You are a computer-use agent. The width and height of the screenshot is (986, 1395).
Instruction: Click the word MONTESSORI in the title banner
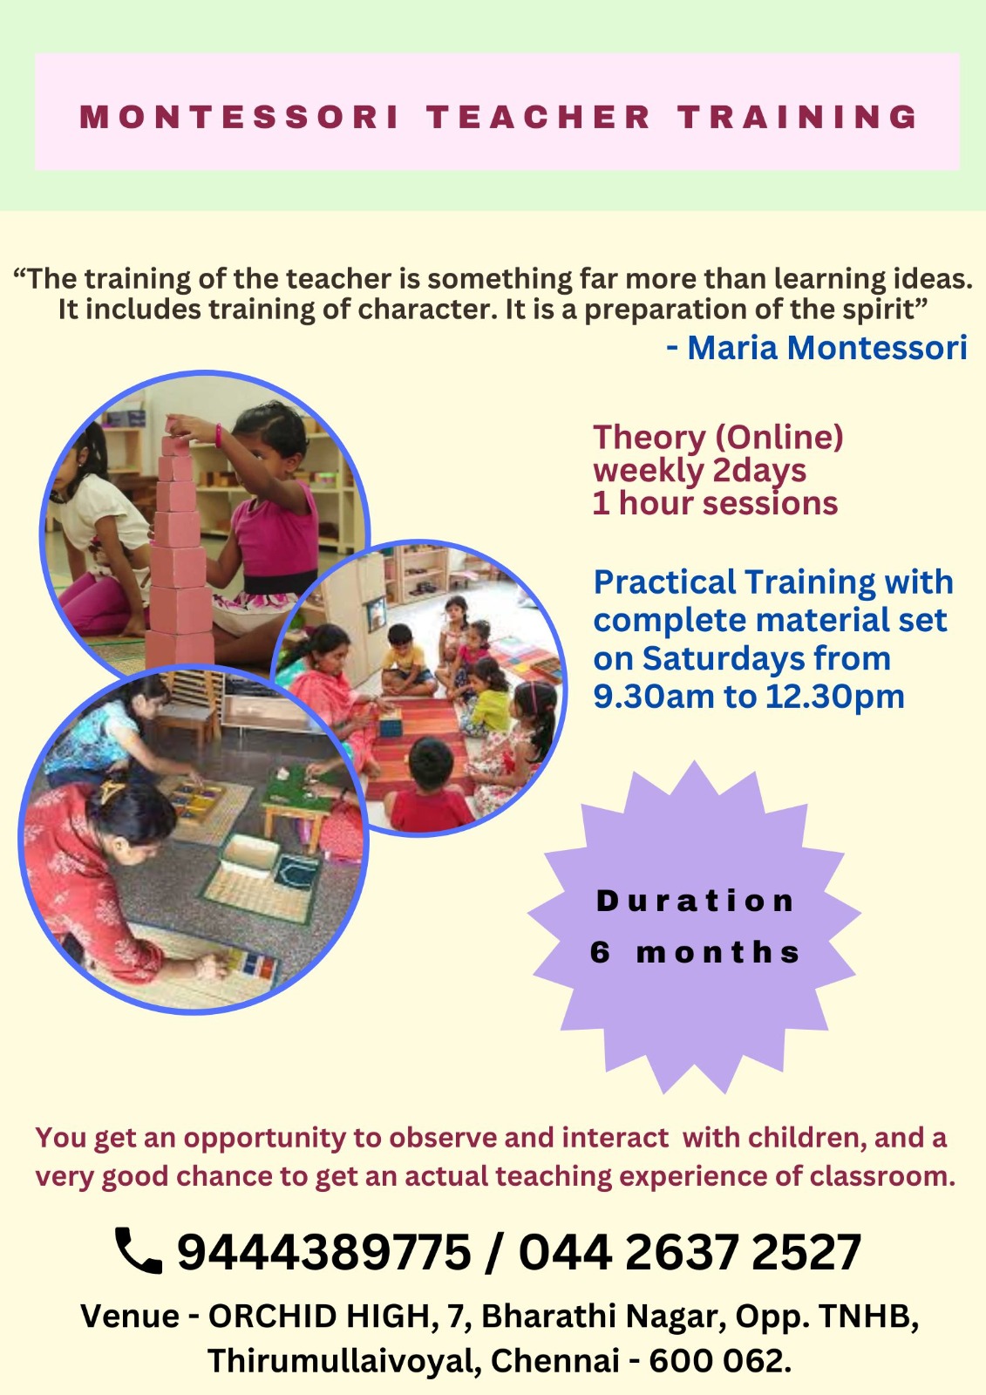[x=239, y=117]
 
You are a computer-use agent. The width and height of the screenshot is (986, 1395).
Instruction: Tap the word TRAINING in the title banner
[x=798, y=117]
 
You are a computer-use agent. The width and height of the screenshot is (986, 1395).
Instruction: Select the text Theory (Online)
[x=718, y=437]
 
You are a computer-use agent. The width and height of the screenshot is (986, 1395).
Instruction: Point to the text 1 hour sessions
[x=715, y=502]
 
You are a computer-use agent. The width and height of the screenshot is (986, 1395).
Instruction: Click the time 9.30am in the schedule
[x=653, y=697]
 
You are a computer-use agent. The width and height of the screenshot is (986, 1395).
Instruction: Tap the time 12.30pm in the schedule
[x=834, y=697]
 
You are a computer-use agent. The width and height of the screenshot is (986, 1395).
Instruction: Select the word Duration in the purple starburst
[x=695, y=901]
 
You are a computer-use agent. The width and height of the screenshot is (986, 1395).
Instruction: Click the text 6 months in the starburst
[x=695, y=952]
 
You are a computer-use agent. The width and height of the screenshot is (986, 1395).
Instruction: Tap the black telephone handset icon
[x=139, y=1250]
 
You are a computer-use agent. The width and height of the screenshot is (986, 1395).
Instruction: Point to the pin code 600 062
[x=720, y=1361]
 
